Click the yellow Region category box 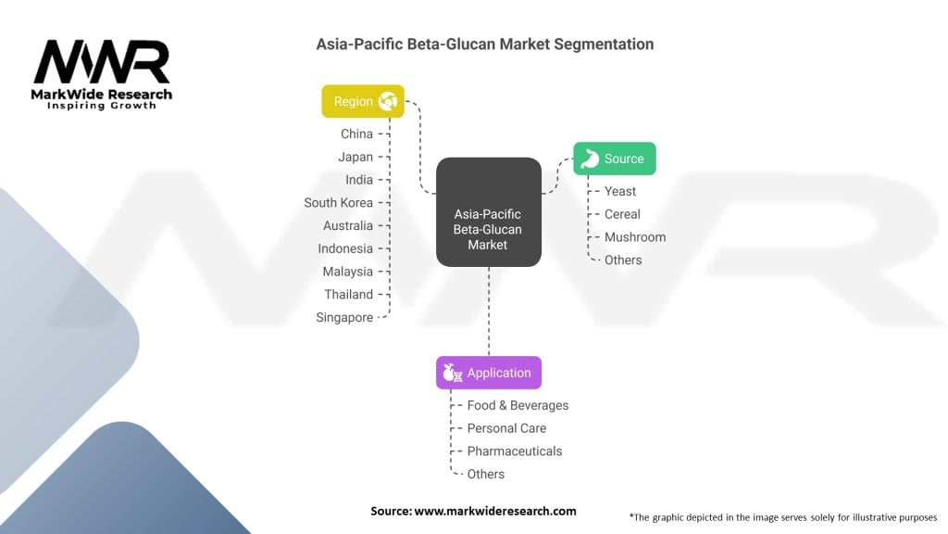point(363,101)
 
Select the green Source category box point(614,159)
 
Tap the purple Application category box point(489,373)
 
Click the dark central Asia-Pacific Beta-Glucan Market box point(488,213)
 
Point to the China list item point(356,133)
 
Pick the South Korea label point(339,202)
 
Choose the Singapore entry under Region point(344,317)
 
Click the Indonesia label point(345,248)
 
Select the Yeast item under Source point(620,191)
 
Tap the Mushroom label point(635,236)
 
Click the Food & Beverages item point(518,405)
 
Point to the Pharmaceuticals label point(514,451)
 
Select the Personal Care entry point(506,428)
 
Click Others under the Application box point(486,474)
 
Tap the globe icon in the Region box point(388,101)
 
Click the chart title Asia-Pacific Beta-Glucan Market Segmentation point(484,44)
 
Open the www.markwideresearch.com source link point(496,511)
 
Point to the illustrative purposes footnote point(782,516)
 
